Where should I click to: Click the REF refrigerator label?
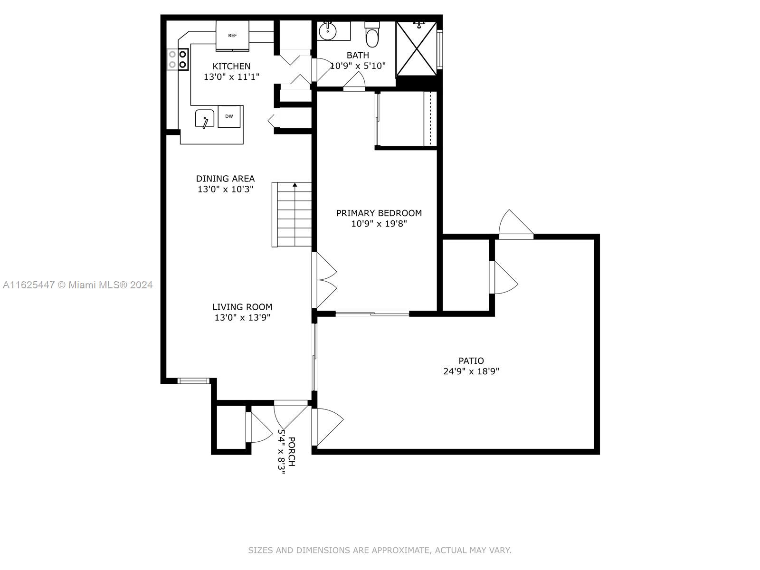[232, 35]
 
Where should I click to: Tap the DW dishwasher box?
[229, 116]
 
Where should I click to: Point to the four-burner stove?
[178, 59]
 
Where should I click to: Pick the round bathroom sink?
[328, 31]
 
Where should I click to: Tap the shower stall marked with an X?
[416, 48]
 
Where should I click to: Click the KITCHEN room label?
[231, 66]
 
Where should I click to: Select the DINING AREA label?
[226, 179]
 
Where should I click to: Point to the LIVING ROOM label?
[242, 307]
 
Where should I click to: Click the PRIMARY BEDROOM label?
[379, 213]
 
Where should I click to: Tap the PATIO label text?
[471, 361]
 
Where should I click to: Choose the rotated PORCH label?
[292, 452]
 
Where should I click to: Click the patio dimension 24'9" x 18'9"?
[471, 371]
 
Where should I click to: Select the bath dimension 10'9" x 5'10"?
[358, 66]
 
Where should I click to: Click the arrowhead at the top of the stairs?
[295, 185]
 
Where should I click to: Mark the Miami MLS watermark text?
[77, 285]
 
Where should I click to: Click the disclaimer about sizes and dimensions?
[380, 550]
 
